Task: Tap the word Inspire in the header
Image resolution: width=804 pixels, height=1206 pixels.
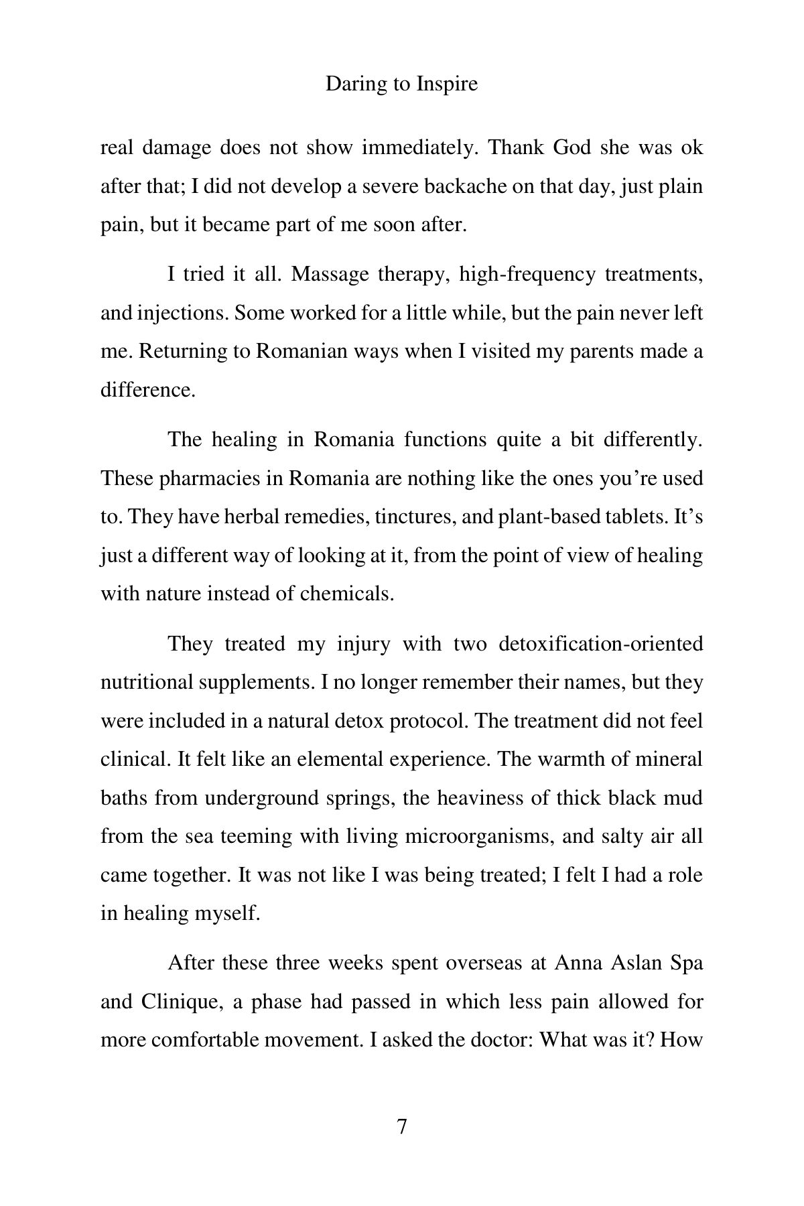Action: [x=447, y=84]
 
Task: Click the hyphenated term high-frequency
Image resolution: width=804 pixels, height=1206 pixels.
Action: [x=527, y=275]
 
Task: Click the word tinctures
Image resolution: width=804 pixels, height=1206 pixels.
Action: [x=408, y=517]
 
